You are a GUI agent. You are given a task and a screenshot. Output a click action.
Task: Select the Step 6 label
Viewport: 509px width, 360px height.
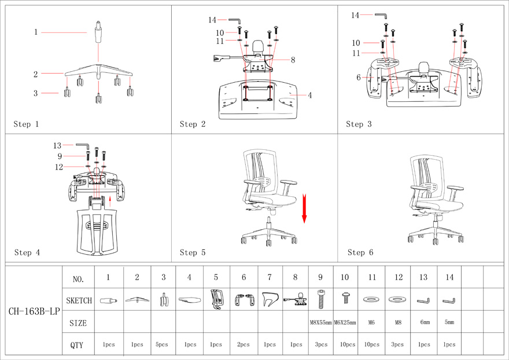(x=360, y=253)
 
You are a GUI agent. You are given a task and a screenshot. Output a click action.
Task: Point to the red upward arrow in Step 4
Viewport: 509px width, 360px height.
(x=110, y=201)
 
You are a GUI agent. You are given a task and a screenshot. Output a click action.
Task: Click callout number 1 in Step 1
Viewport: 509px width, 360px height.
(x=36, y=32)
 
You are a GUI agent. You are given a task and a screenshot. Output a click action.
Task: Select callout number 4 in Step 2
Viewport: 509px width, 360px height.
(x=310, y=95)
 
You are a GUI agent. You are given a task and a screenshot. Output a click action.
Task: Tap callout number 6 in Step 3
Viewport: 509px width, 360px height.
(x=359, y=78)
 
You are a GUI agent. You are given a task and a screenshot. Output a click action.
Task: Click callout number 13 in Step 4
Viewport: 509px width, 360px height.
(x=57, y=146)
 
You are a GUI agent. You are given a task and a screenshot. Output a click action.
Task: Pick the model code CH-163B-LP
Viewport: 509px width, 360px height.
(x=34, y=311)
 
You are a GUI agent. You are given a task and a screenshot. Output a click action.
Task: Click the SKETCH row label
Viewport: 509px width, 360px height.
(x=79, y=301)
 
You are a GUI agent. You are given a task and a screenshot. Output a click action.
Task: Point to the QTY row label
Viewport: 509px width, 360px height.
(x=77, y=346)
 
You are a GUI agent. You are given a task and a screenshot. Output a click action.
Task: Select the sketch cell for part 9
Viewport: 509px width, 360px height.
(x=320, y=300)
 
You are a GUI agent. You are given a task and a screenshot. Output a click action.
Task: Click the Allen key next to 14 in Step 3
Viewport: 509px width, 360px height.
(x=381, y=16)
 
